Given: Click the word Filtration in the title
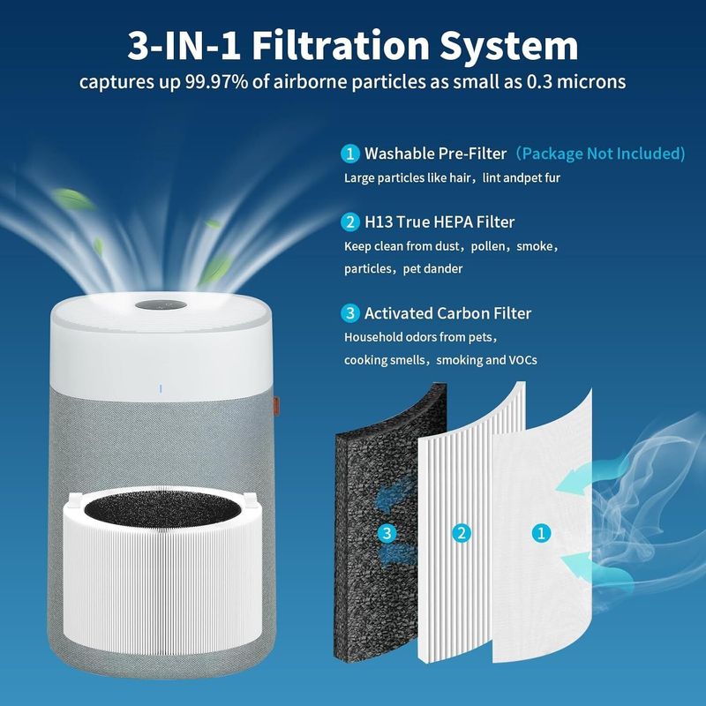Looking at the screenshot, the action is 340,46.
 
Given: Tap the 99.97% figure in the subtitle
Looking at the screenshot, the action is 216,82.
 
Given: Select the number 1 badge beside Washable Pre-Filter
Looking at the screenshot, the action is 349,154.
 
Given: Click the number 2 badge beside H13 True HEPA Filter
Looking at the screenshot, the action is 349,222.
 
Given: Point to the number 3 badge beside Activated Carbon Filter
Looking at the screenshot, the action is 349,313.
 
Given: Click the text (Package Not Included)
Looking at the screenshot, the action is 600,154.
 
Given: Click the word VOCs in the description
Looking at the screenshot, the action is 522,360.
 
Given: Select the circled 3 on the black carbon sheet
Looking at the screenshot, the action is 387,534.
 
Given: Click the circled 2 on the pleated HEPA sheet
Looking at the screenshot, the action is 461,534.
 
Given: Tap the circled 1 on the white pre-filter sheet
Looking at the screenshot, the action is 541,534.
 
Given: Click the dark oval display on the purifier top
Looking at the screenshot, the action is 161,305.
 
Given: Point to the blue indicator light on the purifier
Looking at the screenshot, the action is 161,388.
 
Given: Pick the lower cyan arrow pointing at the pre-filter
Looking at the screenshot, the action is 575,565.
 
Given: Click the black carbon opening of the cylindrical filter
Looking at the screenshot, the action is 162,509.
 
